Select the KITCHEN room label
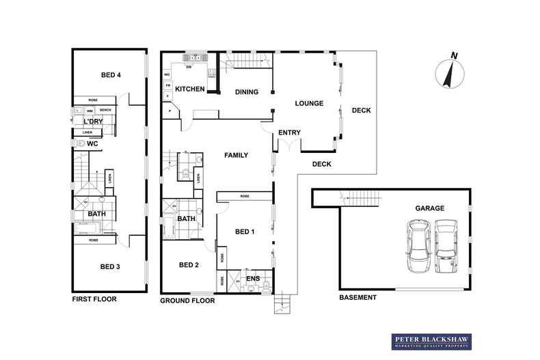189,89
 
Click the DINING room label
246,92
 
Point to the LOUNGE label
308,104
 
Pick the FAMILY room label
236,156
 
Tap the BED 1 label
245,232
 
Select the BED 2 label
189,265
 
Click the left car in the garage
416,246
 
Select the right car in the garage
447,246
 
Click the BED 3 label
110,266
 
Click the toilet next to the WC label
81,144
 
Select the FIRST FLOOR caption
95,299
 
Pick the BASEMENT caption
358,298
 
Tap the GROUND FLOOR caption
187,301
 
